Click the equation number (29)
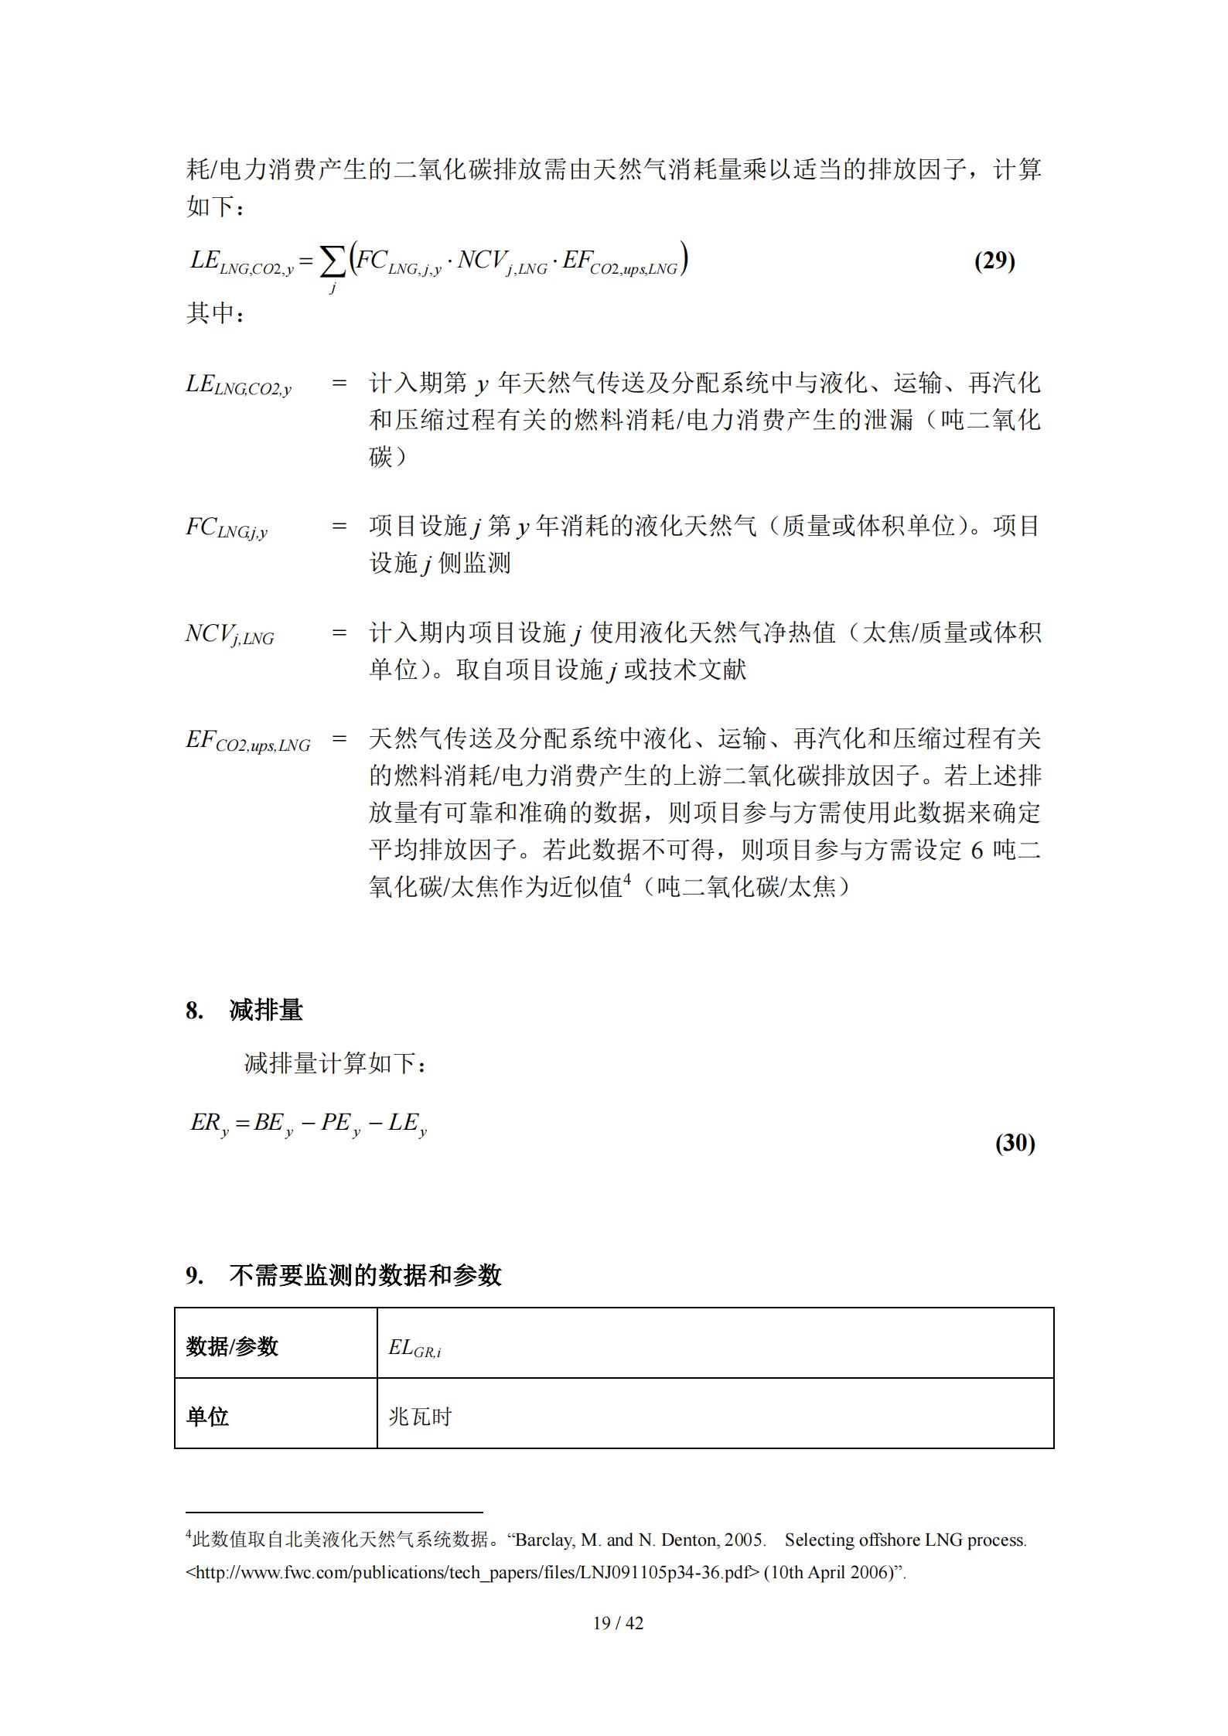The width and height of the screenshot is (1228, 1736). [994, 261]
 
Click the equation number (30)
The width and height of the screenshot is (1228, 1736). [1015, 1142]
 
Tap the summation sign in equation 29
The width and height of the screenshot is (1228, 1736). [333, 264]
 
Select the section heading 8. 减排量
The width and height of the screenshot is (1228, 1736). [244, 1010]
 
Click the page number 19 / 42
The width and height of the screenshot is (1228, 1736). [618, 1622]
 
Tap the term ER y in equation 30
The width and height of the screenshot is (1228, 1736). [210, 1124]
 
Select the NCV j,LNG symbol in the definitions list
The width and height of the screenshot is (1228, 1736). [230, 635]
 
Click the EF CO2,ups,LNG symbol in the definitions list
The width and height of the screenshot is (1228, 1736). [247, 741]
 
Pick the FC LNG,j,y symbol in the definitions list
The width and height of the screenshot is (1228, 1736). [227, 528]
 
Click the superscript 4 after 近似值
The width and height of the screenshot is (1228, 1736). [628, 878]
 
